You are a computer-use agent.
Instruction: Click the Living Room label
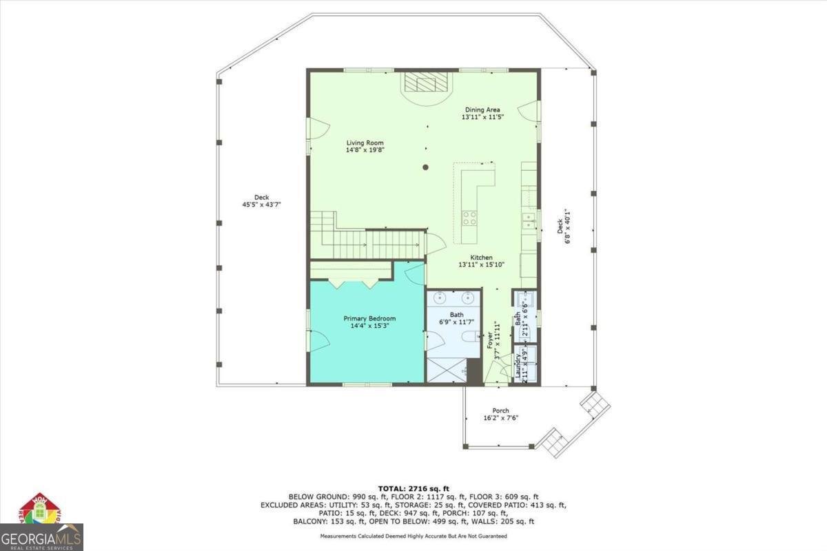pos(365,143)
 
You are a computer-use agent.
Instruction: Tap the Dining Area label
pos(482,110)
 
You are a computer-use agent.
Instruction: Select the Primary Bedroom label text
pos(369,318)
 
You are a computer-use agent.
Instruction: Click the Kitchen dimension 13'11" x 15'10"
pos(482,264)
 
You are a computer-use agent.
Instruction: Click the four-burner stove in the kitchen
pos(469,218)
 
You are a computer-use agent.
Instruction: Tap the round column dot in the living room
pos(426,167)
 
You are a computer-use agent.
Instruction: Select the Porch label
pos(500,410)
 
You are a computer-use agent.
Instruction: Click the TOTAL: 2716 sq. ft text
pos(413,488)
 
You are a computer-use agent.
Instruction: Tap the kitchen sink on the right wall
pos(529,221)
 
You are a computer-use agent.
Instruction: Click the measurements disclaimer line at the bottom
pos(413,536)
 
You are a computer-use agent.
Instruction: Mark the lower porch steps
pos(553,441)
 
